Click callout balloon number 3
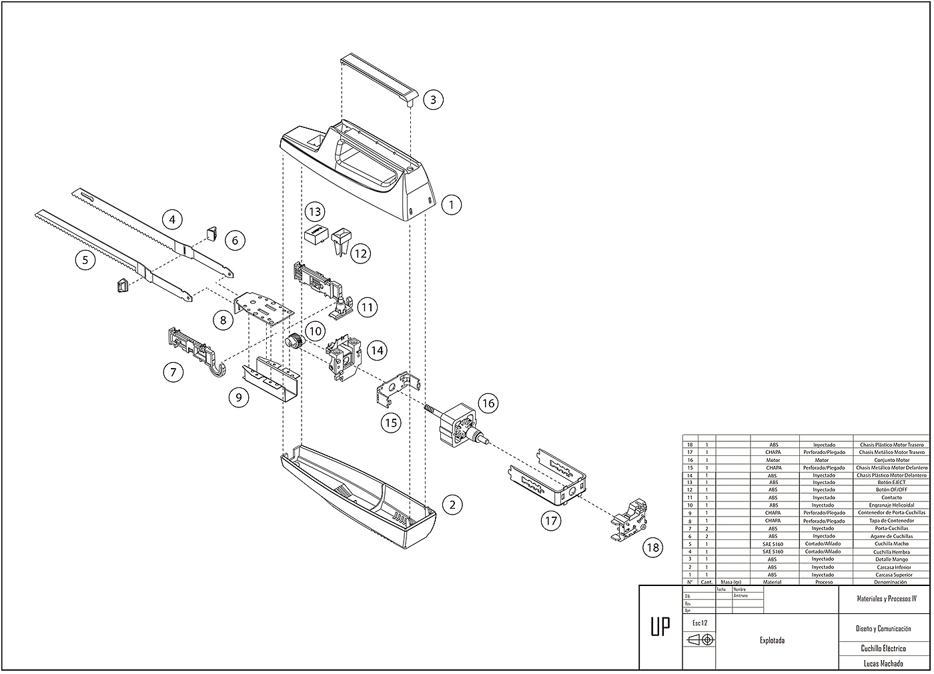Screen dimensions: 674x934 (x=433, y=100)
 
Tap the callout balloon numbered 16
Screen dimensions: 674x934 (x=488, y=403)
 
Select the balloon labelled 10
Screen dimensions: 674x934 (x=315, y=331)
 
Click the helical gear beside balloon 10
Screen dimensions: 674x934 (x=294, y=342)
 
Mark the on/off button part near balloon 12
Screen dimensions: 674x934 (x=342, y=239)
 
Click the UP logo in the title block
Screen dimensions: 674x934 (x=660, y=627)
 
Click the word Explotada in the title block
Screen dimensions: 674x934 (x=772, y=641)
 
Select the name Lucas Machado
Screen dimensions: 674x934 (x=883, y=663)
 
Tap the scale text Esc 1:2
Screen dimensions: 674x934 (x=699, y=623)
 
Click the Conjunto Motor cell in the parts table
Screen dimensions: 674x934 (x=892, y=460)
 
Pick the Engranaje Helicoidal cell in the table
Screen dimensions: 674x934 (x=892, y=505)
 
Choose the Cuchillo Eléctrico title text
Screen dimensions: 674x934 (x=883, y=648)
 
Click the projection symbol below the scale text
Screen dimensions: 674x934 (x=700, y=640)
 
